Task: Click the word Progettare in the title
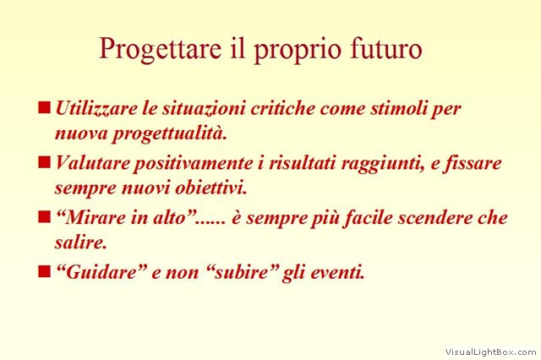coord(160,50)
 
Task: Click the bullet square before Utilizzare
coord(44,107)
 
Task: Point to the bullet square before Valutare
coord(44,161)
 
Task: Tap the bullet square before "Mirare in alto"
coord(44,217)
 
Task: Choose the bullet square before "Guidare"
coord(44,271)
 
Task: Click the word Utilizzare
coord(96,108)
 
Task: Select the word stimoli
coord(397,108)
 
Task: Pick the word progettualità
coord(169,134)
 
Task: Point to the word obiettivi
coord(211,188)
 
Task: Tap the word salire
coord(81,243)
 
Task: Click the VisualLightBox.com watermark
coord(490,352)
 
